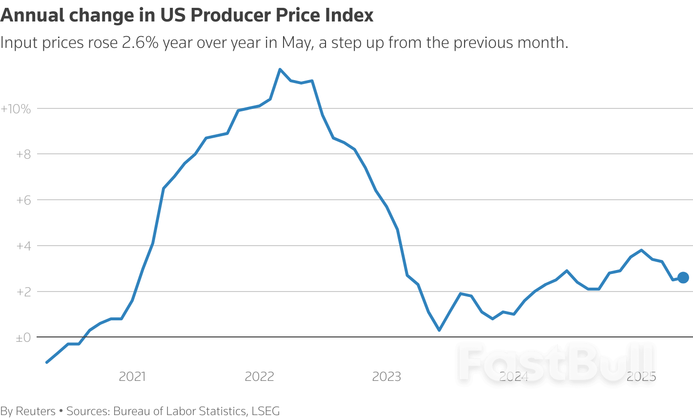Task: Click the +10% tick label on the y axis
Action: pos(16,109)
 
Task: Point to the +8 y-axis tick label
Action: pos(23,154)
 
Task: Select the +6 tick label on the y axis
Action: pos(23,200)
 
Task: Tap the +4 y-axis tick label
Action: pos(23,246)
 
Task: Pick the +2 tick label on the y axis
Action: pos(23,292)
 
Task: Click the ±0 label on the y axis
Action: pos(23,337)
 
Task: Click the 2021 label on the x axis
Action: pos(132,376)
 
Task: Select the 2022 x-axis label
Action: pos(259,376)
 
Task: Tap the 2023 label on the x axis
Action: pos(387,376)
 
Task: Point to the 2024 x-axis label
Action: pos(514,376)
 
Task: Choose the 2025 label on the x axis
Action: pos(641,376)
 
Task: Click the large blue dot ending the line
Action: pos(683,277)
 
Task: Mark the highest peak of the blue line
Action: pos(280,69)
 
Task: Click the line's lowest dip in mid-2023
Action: pos(439,330)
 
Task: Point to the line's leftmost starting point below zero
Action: pos(47,362)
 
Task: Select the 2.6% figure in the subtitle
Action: pos(140,43)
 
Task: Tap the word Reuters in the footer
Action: pos(36,411)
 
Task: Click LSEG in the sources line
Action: pos(265,411)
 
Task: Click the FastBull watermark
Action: pos(556,362)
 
